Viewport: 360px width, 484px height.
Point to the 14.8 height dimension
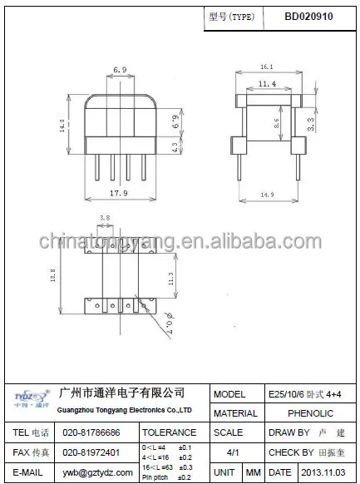[x=62, y=125]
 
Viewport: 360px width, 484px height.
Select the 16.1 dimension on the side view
[x=267, y=65]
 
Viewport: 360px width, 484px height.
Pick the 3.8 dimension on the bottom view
[x=105, y=218]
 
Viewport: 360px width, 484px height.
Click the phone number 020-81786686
[x=91, y=433]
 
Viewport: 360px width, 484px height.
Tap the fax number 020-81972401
[x=91, y=452]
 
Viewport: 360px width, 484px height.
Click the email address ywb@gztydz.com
[x=91, y=472]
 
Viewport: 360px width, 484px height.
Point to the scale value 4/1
[x=234, y=452]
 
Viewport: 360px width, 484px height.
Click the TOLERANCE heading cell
[x=170, y=433]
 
